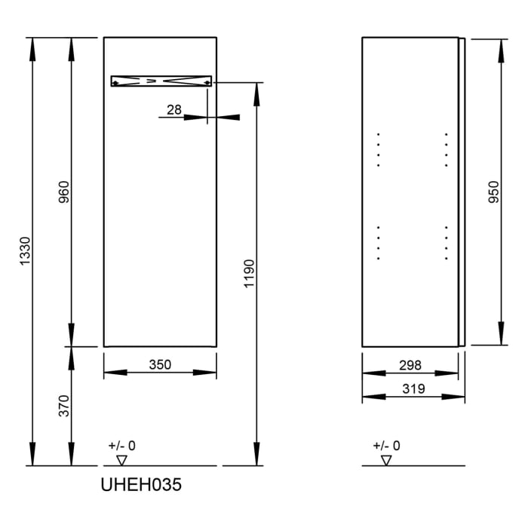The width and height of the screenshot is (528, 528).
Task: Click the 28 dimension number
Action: click(x=174, y=110)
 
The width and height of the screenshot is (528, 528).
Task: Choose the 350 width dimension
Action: click(x=159, y=365)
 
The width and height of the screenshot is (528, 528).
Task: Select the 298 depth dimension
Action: click(x=410, y=365)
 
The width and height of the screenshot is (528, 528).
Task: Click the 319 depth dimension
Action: click(x=410, y=389)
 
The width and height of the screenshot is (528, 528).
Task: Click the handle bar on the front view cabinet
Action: click(x=161, y=81)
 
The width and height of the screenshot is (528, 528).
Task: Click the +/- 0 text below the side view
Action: click(x=387, y=446)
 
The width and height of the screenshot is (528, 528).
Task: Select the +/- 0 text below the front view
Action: click(x=122, y=446)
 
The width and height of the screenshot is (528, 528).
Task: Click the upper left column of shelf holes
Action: click(x=378, y=149)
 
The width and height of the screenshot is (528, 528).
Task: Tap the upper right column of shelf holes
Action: click(x=446, y=149)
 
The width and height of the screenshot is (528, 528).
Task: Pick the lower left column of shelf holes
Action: click(x=378, y=242)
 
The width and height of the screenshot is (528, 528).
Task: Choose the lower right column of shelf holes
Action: click(x=446, y=242)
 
